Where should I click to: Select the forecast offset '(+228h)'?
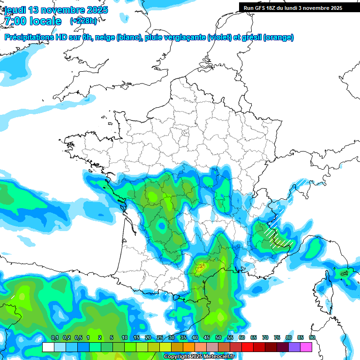(83, 21)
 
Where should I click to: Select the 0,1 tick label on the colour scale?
(54, 338)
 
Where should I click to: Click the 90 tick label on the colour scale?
(312, 338)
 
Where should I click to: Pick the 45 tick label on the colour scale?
(207, 338)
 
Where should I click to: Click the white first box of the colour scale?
(48, 347)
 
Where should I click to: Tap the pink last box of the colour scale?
(306, 347)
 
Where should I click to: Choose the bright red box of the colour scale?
(247, 347)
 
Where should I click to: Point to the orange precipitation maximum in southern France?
(201, 269)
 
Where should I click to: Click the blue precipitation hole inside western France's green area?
(162, 226)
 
